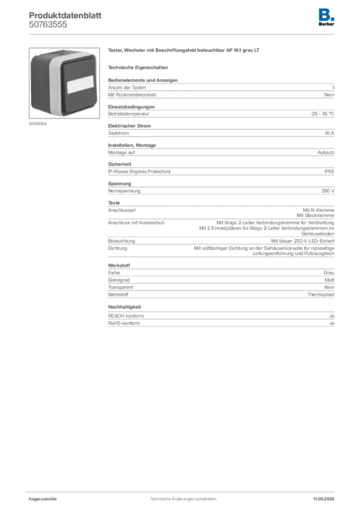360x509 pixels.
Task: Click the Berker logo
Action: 326,17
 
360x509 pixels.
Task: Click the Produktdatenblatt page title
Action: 65,15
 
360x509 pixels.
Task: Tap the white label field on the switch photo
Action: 80,85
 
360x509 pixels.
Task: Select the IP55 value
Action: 329,171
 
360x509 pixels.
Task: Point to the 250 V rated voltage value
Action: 328,191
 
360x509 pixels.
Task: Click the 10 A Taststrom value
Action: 329,133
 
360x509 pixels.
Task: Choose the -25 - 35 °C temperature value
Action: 322,114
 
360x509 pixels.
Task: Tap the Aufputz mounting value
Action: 326,153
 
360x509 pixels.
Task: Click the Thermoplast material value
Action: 321,295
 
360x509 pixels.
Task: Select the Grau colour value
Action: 329,273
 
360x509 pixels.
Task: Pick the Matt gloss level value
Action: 329,280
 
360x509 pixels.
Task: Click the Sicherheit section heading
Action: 119,164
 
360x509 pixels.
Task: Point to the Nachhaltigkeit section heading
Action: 124,307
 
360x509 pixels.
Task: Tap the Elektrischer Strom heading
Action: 129,126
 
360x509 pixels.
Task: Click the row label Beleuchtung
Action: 121,241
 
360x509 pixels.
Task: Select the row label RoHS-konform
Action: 124,323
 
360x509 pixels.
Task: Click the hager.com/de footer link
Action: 43,499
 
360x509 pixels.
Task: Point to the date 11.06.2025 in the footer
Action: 323,499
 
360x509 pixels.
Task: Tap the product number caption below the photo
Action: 38,124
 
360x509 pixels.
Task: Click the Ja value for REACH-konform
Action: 332,316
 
